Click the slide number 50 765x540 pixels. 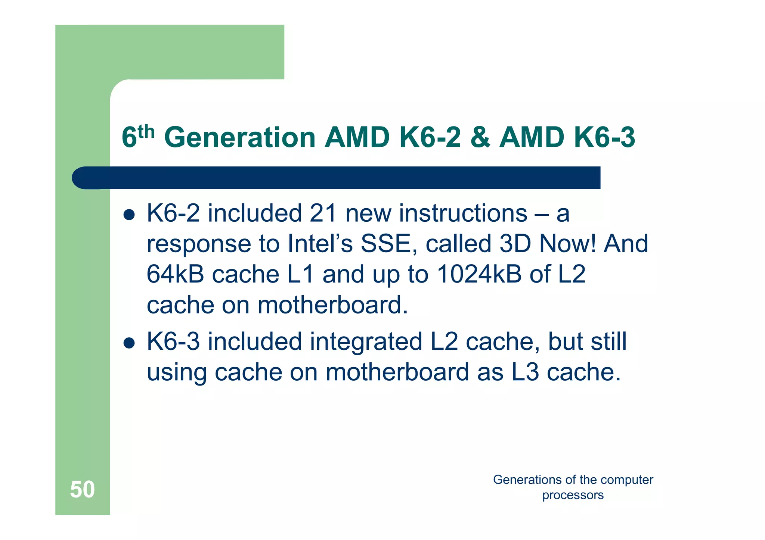(82, 489)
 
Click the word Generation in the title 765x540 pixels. (240, 138)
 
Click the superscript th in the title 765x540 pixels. (146, 131)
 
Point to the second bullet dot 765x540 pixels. (129, 343)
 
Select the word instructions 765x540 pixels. (463, 213)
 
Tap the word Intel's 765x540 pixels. (320, 244)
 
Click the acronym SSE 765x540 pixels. (388, 244)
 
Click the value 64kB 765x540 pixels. (175, 274)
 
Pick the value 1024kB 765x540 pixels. (479, 274)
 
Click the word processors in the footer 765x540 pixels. (573, 495)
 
